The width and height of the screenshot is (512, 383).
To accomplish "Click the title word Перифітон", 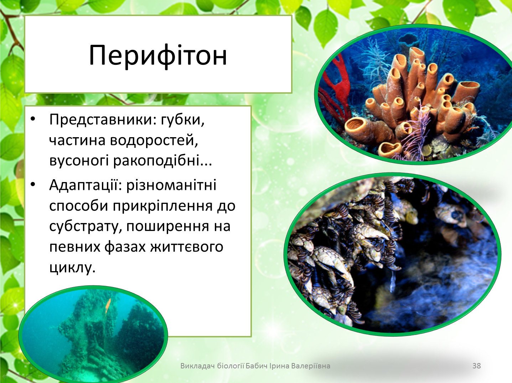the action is [x=158, y=56].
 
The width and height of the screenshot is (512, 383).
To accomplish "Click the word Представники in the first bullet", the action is [x=100, y=120].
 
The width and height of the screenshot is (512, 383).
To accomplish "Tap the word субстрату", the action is [x=86, y=227].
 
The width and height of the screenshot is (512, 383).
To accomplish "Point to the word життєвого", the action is [x=187, y=247].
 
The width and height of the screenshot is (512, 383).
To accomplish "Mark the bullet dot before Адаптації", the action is [x=33, y=184].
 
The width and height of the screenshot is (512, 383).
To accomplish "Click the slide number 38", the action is [x=476, y=366].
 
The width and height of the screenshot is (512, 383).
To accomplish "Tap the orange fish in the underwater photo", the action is [x=108, y=306].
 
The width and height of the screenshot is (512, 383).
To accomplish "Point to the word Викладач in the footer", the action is [x=197, y=366].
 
